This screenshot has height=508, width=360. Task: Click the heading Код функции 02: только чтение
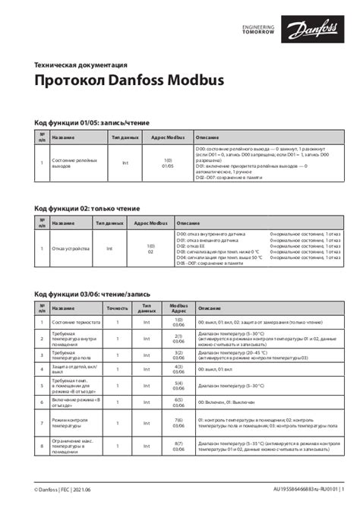pyautogui.click(x=87, y=208)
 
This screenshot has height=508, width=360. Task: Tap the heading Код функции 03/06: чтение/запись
pyautogui.click(x=93, y=293)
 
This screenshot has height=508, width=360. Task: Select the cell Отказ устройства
pyautogui.click(x=71, y=249)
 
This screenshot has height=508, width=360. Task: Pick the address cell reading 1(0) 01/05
pyautogui.click(x=168, y=163)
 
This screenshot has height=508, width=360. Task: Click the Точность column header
pyautogui.click(x=118, y=308)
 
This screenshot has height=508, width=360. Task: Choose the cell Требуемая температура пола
pyautogui.click(x=71, y=354)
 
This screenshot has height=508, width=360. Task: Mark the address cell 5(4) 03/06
pyautogui.click(x=178, y=385)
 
